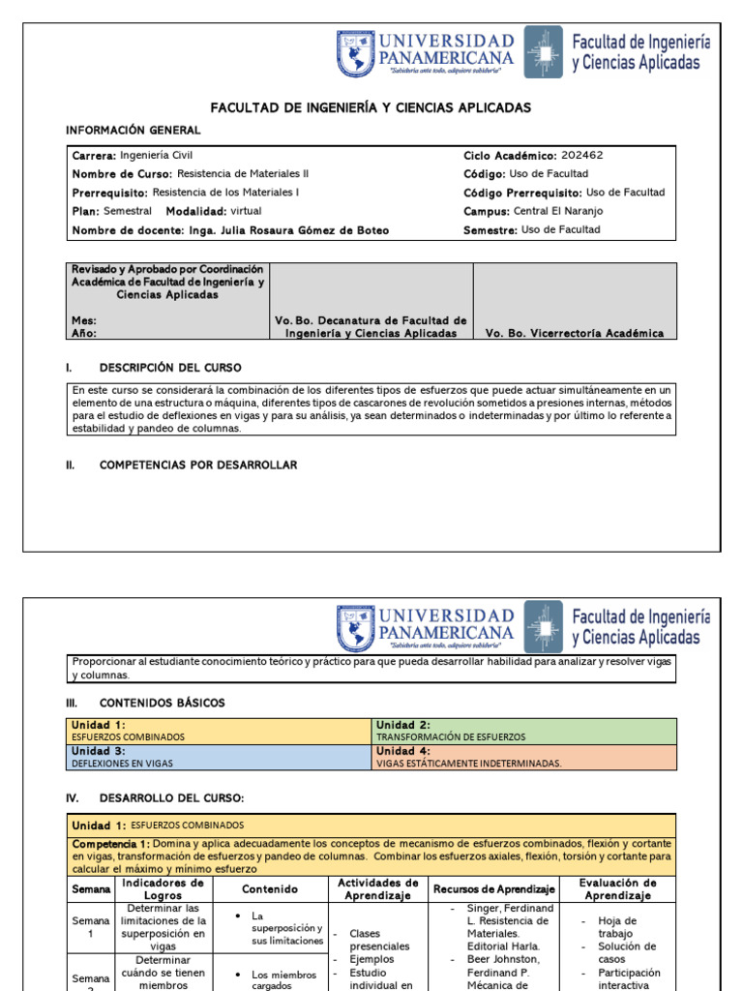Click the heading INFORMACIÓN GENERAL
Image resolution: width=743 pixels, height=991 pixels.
point(134,131)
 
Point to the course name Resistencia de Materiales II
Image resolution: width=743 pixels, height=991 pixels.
point(244,173)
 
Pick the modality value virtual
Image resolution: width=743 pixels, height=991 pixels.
point(246,211)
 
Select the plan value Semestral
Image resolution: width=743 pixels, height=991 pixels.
point(127,211)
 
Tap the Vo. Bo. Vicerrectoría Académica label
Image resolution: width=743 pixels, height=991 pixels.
point(574,333)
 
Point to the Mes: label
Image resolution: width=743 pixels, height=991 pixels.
point(84,320)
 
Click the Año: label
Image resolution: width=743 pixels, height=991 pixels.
point(84,333)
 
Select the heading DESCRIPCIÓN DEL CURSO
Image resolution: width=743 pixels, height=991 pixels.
point(170,368)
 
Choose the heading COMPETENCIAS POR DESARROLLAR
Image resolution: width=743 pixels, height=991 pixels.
point(198,465)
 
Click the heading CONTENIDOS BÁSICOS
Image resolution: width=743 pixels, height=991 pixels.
point(161,703)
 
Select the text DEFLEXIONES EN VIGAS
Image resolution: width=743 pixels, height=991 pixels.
point(122,764)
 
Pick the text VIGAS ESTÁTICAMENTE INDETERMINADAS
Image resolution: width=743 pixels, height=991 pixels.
point(468,764)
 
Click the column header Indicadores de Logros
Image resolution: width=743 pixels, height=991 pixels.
point(163,888)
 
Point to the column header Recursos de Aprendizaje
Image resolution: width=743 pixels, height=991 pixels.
point(494,888)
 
